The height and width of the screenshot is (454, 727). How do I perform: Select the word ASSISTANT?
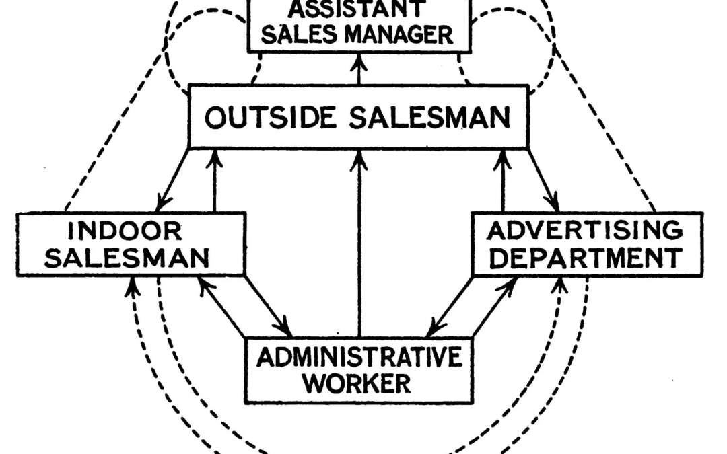click(357, 9)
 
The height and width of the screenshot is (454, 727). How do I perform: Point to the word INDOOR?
click(125, 232)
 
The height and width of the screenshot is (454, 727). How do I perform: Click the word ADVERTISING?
click(584, 231)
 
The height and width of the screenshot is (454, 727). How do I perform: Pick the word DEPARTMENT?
click(584, 257)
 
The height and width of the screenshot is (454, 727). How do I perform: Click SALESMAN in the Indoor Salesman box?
click(125, 257)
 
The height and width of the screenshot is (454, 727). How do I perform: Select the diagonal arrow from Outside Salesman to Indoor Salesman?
click(174, 179)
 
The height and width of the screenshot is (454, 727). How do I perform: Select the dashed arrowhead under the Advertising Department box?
click(557, 288)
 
